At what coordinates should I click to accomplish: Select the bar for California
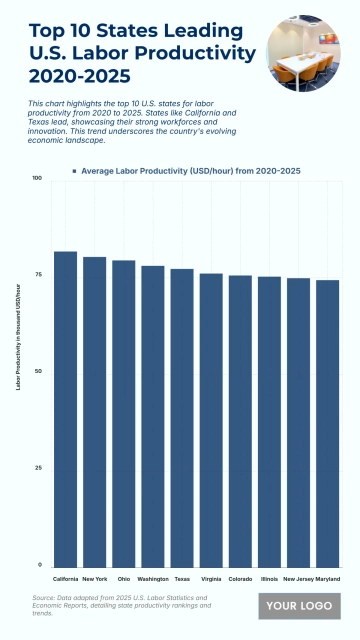click(65, 409)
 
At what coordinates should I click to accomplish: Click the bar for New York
click(95, 412)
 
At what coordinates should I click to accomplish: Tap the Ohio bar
click(124, 414)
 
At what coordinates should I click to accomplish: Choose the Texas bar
click(182, 418)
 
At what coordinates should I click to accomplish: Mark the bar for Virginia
click(211, 420)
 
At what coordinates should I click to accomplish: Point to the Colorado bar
click(240, 421)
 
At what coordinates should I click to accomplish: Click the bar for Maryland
click(328, 423)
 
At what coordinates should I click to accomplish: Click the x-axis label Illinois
click(270, 578)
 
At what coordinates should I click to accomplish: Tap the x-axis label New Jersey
click(298, 578)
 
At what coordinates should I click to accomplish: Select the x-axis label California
click(65, 578)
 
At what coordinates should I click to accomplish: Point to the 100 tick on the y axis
click(37, 179)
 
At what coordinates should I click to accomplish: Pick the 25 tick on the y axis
click(38, 468)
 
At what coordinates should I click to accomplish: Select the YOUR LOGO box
click(300, 606)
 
